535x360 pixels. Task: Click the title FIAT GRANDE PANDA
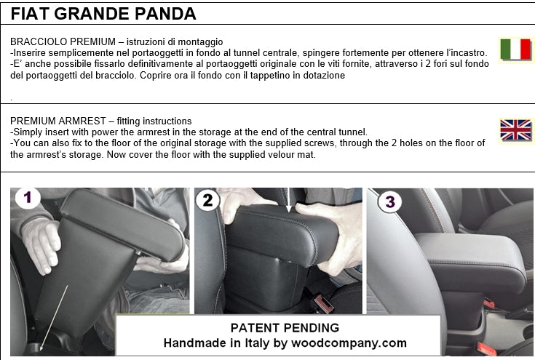point(103,13)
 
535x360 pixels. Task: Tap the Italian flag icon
point(515,49)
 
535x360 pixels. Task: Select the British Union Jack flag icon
point(515,130)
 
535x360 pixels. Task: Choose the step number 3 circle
point(391,201)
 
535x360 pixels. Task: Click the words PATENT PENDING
point(285,327)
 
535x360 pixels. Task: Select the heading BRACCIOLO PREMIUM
point(58,42)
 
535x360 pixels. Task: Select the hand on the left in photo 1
point(40,243)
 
